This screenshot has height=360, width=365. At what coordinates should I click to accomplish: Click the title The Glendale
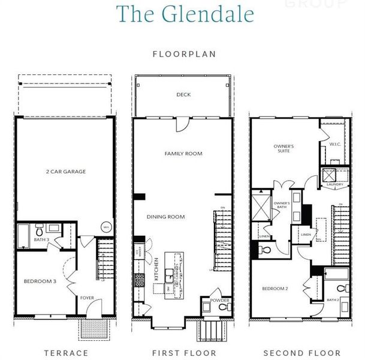[184, 14]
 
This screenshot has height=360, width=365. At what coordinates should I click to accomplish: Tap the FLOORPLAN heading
[184, 54]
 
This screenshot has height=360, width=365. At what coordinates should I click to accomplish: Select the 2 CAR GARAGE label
[66, 172]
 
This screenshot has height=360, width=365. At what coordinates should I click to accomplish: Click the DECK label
[183, 95]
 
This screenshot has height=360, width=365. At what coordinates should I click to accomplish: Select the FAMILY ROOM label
[183, 154]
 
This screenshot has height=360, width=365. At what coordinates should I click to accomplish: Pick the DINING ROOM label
[165, 217]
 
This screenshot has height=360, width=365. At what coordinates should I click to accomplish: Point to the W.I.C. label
[335, 144]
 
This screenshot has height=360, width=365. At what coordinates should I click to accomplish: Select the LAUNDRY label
[335, 185]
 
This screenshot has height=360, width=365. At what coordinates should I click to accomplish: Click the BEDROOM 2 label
[276, 289]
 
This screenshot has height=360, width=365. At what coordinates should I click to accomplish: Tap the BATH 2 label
[333, 299]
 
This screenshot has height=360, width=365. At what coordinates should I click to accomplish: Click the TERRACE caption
[66, 353]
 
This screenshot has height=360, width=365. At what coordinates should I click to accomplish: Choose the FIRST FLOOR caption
[184, 353]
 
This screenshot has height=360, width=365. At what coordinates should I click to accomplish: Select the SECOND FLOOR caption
[301, 353]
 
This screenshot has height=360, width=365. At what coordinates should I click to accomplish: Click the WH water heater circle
[106, 227]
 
